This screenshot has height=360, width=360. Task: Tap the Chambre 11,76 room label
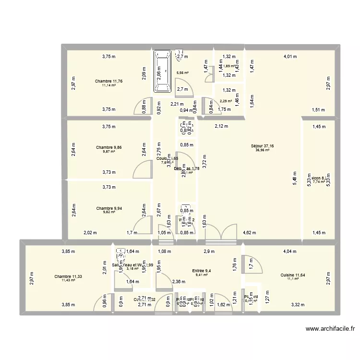pyautogui.click(x=109, y=81)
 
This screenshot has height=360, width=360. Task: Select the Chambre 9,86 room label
pyautogui.click(x=109, y=147)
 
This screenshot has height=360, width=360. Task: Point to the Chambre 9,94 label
pyautogui.click(x=109, y=208)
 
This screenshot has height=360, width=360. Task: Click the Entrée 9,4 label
pyautogui.click(x=202, y=271)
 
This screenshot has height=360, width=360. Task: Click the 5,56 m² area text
pyautogui.click(x=182, y=73)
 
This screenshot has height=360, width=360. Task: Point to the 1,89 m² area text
pyautogui.click(x=228, y=66)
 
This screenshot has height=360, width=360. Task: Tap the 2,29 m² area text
pyautogui.click(x=226, y=101)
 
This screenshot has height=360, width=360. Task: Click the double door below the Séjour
pyautogui.click(x=220, y=233)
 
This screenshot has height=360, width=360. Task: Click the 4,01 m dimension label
pyautogui.click(x=290, y=57)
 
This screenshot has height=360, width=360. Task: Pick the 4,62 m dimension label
pyautogui.click(x=250, y=233)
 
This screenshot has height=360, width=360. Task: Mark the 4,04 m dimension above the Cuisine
pyautogui.click(x=290, y=251)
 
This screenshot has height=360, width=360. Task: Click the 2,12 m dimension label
pyautogui.click(x=221, y=127)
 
